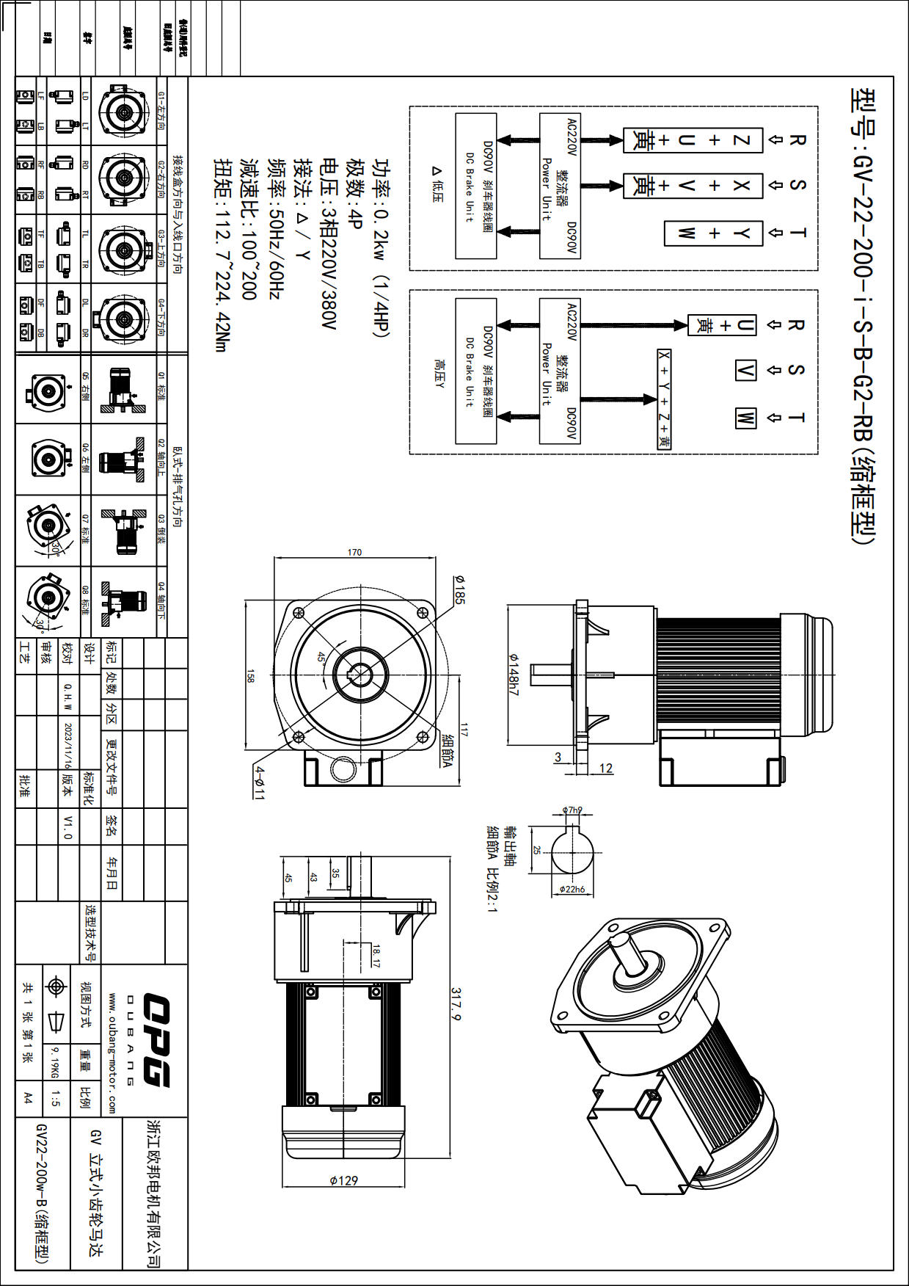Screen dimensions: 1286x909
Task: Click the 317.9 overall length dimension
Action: [x=456, y=1004]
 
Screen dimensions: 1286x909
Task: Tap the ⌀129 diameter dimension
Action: [x=343, y=1180]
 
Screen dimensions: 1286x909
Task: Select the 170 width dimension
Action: [x=354, y=552]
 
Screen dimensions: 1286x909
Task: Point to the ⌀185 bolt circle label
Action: [x=459, y=590]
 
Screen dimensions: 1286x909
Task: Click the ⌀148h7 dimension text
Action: [x=514, y=675]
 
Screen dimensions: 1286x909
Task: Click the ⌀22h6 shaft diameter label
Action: [x=572, y=889]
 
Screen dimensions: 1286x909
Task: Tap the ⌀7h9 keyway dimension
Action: [x=572, y=810]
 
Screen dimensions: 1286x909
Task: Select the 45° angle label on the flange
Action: [x=321, y=657]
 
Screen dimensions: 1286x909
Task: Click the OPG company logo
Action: [x=156, y=1039]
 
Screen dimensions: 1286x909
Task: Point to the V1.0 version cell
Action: [x=67, y=827]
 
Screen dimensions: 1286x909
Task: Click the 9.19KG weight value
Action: [x=54, y=1062]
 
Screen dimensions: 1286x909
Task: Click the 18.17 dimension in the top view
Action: [x=376, y=956]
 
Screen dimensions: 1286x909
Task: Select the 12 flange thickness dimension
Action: [x=606, y=768]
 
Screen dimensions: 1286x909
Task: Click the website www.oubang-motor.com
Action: [x=112, y=1053]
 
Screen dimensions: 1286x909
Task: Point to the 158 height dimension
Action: [x=250, y=675]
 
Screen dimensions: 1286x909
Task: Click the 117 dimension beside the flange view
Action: [x=464, y=729]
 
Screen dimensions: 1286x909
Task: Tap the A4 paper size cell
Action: [x=28, y=1098]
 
